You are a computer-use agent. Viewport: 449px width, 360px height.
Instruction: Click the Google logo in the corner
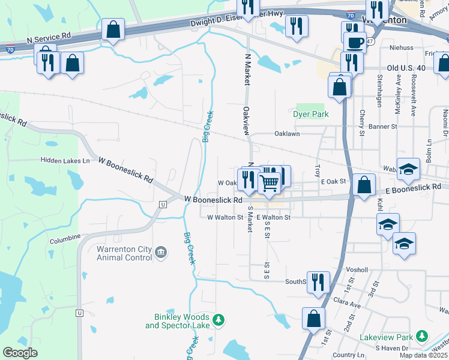(x=20, y=353)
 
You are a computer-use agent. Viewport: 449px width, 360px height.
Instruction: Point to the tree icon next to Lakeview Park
(x=422, y=336)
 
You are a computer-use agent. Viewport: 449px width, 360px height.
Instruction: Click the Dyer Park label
(x=311, y=113)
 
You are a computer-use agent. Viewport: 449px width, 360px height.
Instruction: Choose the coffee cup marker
(x=355, y=43)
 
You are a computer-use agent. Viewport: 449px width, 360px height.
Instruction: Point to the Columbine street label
(x=65, y=238)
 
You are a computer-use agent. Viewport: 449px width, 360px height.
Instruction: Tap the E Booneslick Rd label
(x=412, y=188)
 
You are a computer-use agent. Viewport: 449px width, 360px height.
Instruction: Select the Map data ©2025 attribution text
(x=424, y=355)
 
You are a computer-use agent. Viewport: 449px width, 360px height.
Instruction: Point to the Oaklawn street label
(x=287, y=134)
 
